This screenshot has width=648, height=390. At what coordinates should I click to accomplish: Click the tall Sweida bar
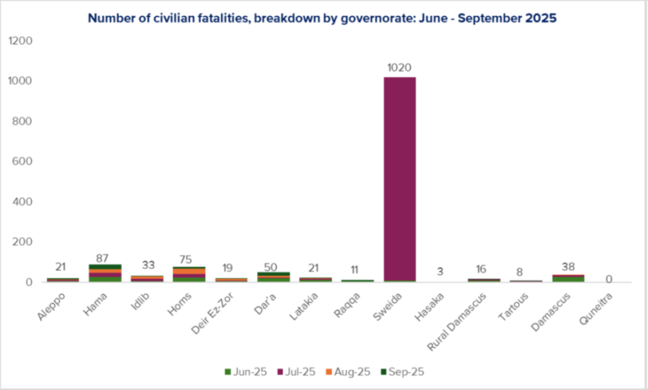[x=399, y=179]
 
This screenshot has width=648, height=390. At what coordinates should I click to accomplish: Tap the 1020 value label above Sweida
[x=399, y=67]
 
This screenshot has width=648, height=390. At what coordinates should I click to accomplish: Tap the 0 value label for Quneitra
[x=609, y=279]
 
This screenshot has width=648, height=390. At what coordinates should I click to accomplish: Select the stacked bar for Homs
[x=189, y=275]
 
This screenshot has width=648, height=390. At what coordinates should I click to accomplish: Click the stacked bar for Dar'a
[x=273, y=277]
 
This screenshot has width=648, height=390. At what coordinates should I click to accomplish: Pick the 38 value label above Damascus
[x=567, y=266]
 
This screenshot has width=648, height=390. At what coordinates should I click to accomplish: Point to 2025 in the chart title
[x=541, y=17]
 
